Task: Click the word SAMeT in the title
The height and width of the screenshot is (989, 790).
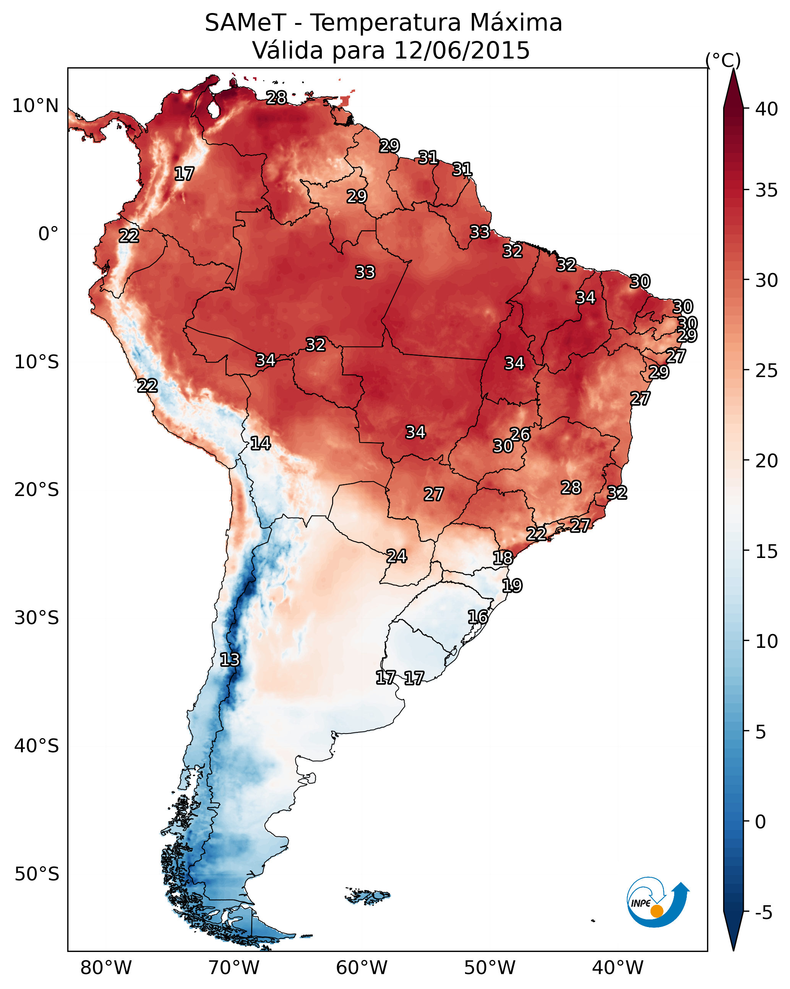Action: [x=245, y=23]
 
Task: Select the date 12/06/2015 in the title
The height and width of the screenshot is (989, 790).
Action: [x=461, y=50]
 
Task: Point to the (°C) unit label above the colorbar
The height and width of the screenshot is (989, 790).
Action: [x=723, y=60]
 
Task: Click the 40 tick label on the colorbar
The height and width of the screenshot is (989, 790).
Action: [x=767, y=109]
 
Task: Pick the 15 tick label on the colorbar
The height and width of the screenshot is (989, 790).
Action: [x=767, y=551]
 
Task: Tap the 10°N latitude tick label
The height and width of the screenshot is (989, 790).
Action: [x=35, y=106]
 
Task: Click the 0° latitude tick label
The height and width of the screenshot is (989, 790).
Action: [x=48, y=234]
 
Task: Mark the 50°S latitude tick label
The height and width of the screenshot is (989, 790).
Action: [x=37, y=874]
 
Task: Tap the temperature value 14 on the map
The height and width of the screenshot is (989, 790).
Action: [x=260, y=443]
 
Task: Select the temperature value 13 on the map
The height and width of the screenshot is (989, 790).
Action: [x=230, y=660]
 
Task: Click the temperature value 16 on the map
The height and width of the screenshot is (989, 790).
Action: [x=478, y=617]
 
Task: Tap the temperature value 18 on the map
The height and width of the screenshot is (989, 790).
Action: [x=503, y=558]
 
